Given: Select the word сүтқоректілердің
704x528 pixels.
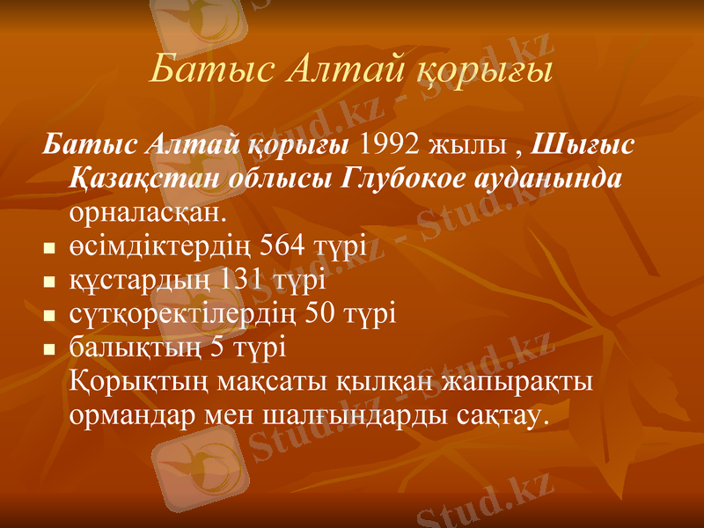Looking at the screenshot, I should [x=187, y=314].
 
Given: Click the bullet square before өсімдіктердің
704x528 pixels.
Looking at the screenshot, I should [x=48, y=248].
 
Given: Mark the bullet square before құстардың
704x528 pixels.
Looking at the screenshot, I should [x=48, y=282].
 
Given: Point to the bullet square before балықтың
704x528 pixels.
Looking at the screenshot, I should [x=48, y=350].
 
